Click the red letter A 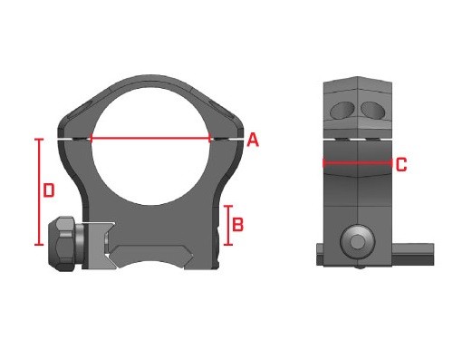click(x=253, y=140)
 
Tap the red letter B click(x=237, y=225)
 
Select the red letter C click(x=401, y=165)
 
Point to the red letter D click(x=49, y=190)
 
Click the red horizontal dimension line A click(x=150, y=139)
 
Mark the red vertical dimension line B click(x=228, y=225)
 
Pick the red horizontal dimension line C click(x=358, y=163)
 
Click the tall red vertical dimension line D click(x=39, y=191)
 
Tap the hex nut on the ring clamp click(x=63, y=244)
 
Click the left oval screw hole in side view click(x=342, y=110)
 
